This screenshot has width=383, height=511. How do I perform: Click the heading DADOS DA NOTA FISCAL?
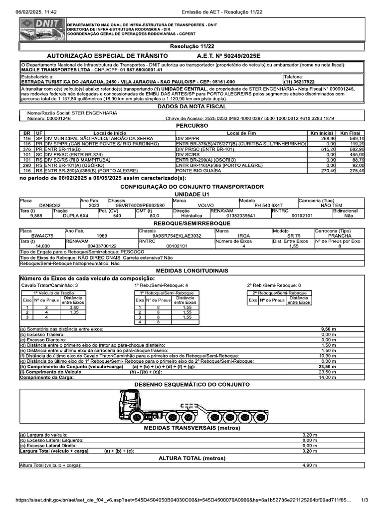pyautogui.click(x=192, y=106)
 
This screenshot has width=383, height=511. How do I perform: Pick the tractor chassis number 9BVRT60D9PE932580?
pyautogui.click(x=140, y=205)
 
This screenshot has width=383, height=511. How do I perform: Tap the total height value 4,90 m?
pyautogui.click(x=310, y=465)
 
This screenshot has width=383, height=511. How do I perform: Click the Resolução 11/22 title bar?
pyautogui.click(x=192, y=46)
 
